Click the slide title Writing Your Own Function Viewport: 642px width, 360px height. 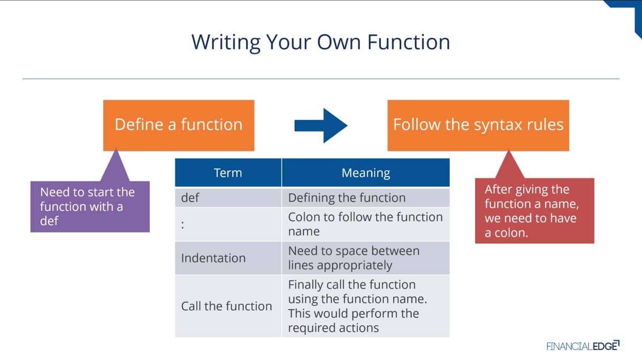(320, 42)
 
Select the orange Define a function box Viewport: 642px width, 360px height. (179, 125)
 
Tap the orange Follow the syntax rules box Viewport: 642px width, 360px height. (478, 125)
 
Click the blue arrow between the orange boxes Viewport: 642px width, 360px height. (321, 126)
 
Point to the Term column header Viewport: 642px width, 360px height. (228, 173)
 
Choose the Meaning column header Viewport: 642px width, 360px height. (366, 173)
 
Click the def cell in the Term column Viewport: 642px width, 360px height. (228, 197)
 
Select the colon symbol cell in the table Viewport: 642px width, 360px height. (228, 225)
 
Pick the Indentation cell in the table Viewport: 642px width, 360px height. (228, 258)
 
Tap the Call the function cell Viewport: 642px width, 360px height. (228, 306)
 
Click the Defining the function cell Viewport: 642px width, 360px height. (366, 197)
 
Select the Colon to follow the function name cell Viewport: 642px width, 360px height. (366, 225)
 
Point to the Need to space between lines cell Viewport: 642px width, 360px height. (366, 258)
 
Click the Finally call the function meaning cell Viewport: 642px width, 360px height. (366, 306)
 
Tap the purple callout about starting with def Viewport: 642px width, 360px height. (90, 206)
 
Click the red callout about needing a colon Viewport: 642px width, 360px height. (534, 211)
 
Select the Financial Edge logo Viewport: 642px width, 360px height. (583, 346)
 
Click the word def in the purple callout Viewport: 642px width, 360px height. (49, 221)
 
